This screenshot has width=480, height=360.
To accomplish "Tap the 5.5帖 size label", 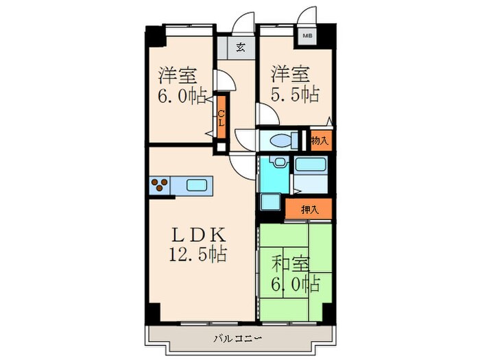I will coord(294,94).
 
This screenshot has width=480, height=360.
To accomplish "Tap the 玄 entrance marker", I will coord(241,48).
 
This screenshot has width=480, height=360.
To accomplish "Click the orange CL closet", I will coord(221,123).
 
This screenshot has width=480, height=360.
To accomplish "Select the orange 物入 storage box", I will coord(319,141).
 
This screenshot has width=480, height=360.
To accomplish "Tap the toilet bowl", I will coord(282,141).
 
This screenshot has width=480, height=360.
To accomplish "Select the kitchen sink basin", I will coord(197,184).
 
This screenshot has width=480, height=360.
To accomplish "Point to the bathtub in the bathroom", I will coord(312,166).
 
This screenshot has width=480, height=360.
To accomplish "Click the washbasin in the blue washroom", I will coord(277,164).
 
